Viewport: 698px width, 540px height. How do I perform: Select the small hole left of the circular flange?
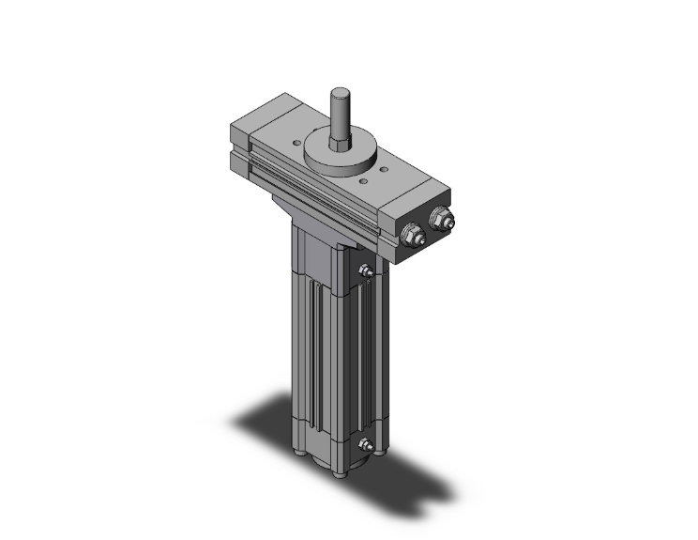click(x=298, y=143)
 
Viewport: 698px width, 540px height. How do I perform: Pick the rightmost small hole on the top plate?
click(x=385, y=170)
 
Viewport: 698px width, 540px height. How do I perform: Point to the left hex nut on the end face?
click(x=410, y=235)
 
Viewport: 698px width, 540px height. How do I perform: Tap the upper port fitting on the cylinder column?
click(x=368, y=272)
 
